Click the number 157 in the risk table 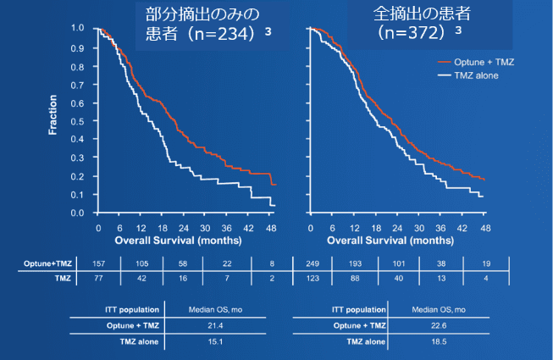(100, 264)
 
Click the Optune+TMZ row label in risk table (43, 264)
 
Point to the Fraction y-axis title (53, 119)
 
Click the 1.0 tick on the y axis (78, 28)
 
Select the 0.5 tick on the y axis (78, 120)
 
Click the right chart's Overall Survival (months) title (397, 241)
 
